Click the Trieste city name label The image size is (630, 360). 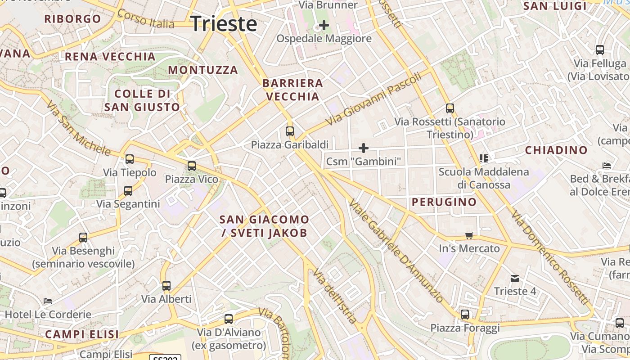coord(224,23)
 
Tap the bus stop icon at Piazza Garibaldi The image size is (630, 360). coord(290,131)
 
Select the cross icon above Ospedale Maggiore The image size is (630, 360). coord(324,25)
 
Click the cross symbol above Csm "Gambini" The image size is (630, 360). coord(363,148)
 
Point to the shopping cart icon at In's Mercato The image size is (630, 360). coord(469,235)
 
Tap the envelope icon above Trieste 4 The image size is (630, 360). coord(515,279)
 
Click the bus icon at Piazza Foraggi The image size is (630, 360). coord(465,314)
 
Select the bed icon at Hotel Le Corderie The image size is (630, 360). coord(48,301)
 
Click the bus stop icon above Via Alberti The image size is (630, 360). coord(166,285)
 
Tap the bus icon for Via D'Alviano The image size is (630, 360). coord(229,319)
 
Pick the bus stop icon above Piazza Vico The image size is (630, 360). coord(192,166)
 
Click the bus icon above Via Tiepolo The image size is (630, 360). coord(130,159)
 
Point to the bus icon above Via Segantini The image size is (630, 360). coord(128,190)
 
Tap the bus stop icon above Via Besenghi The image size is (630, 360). coord(83,237)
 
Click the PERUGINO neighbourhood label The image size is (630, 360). coord(444,202)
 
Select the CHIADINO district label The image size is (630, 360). coord(556,150)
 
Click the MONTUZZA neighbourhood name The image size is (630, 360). coord(203,70)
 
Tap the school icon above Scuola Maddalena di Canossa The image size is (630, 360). coord(484,158)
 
